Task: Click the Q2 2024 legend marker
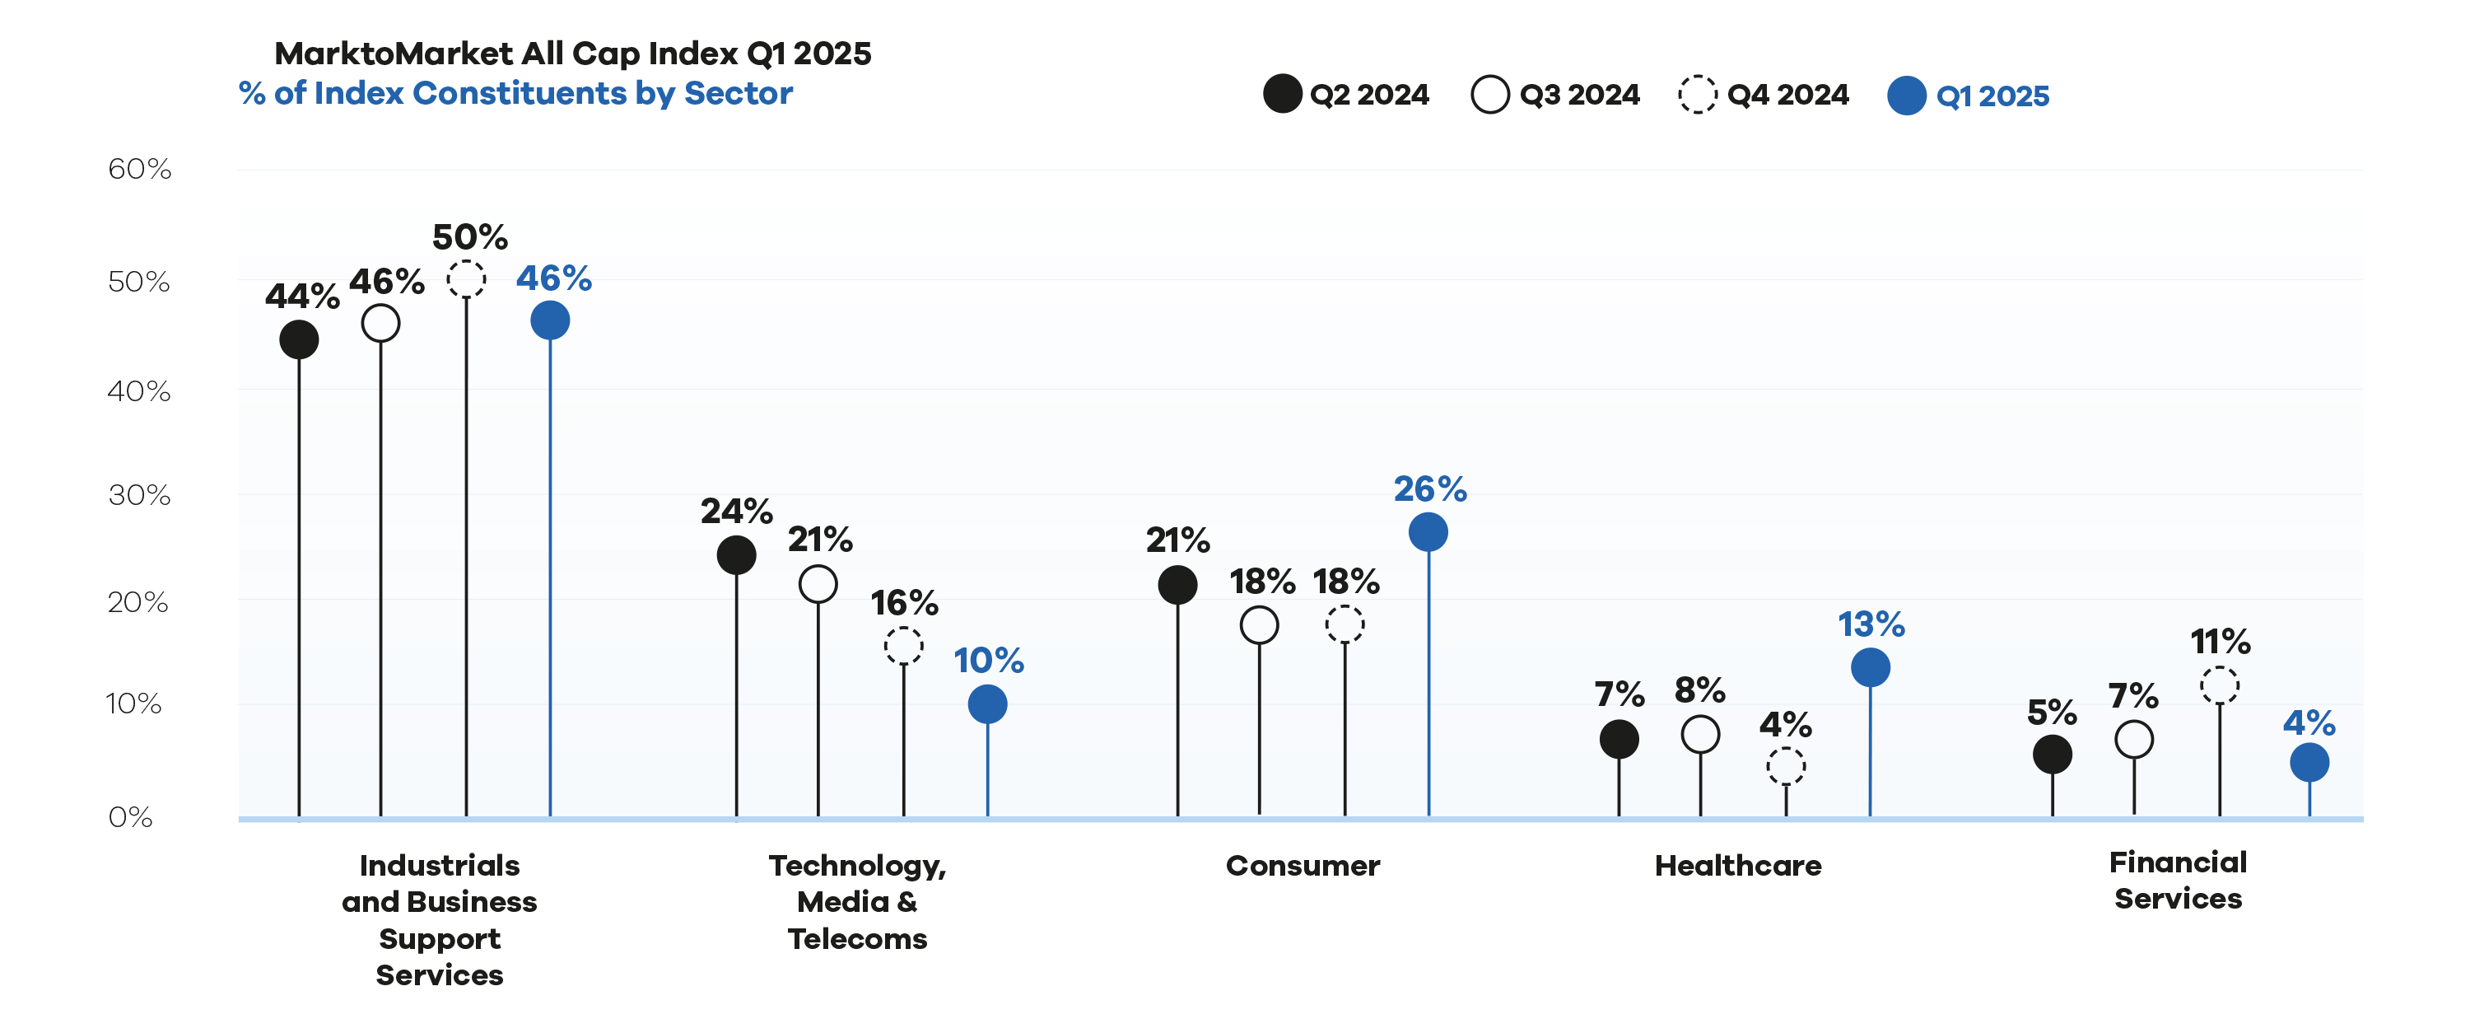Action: click(1282, 94)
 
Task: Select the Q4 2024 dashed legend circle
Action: click(1697, 94)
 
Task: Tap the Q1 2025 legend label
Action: click(1992, 96)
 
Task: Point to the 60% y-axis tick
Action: click(139, 169)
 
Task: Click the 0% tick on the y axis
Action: click(130, 817)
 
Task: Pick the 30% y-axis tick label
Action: click(139, 495)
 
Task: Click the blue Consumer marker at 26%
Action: click(1428, 532)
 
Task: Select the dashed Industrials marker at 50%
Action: click(466, 279)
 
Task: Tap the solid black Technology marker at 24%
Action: click(736, 555)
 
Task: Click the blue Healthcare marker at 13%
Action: click(1871, 667)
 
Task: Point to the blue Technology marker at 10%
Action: click(988, 705)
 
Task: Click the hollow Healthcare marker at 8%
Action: click(1700, 735)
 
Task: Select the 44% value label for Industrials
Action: click(302, 297)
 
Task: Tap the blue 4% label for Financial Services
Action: click(2309, 722)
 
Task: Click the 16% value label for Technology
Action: click(904, 602)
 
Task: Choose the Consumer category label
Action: click(1303, 865)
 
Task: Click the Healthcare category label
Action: click(1738, 865)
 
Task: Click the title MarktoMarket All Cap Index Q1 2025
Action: click(573, 53)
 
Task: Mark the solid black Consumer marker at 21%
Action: click(1177, 584)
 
